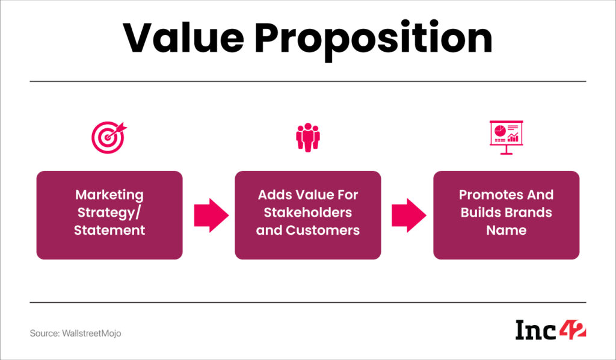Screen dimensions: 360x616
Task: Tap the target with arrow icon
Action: tap(108, 138)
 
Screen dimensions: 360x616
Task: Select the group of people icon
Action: tap(307, 137)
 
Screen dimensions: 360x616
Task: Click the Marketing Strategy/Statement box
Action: tap(109, 215)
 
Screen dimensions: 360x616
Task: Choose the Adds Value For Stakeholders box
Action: tap(307, 215)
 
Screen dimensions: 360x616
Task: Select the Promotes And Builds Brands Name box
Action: tap(506, 215)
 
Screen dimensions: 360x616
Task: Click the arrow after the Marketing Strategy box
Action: tap(211, 215)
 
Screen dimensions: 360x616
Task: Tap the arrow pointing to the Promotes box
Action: tap(409, 215)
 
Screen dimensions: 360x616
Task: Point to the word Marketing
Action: tap(109, 195)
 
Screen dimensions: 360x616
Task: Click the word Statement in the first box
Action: tap(109, 230)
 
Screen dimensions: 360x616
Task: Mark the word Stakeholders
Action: tap(307, 213)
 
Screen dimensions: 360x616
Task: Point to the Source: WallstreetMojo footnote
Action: tap(75, 333)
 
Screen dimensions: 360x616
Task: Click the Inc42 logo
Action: tap(550, 330)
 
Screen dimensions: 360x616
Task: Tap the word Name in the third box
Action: tap(506, 230)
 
